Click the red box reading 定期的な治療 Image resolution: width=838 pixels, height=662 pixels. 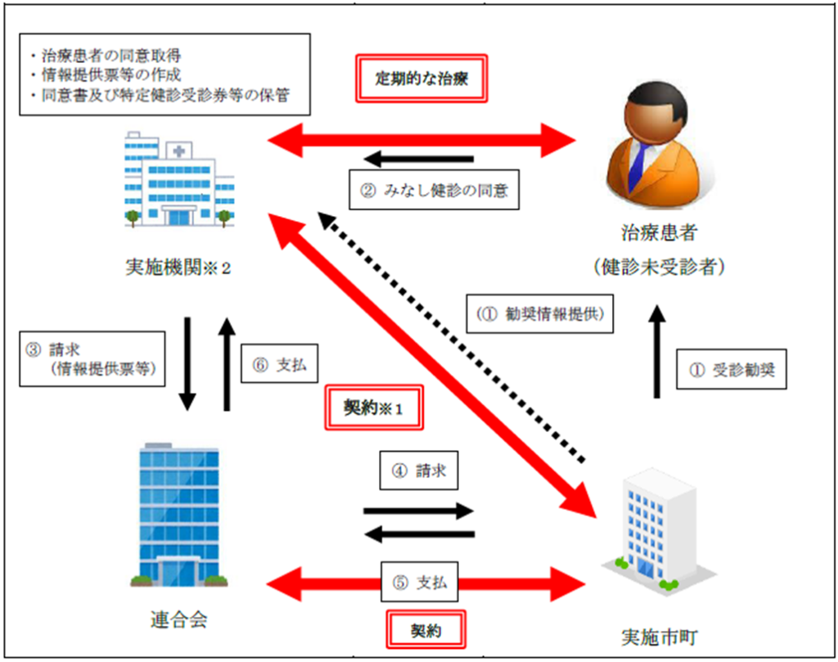click(x=421, y=79)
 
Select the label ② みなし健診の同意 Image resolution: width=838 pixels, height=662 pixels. click(x=434, y=191)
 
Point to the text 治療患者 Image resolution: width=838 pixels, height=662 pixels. click(x=658, y=232)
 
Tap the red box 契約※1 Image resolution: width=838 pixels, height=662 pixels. click(x=374, y=407)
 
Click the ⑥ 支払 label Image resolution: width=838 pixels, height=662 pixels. click(x=279, y=365)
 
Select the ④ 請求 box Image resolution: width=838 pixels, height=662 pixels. click(x=417, y=471)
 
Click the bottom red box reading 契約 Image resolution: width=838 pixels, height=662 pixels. click(x=425, y=630)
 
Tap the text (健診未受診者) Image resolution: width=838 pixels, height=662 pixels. click(x=658, y=267)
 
